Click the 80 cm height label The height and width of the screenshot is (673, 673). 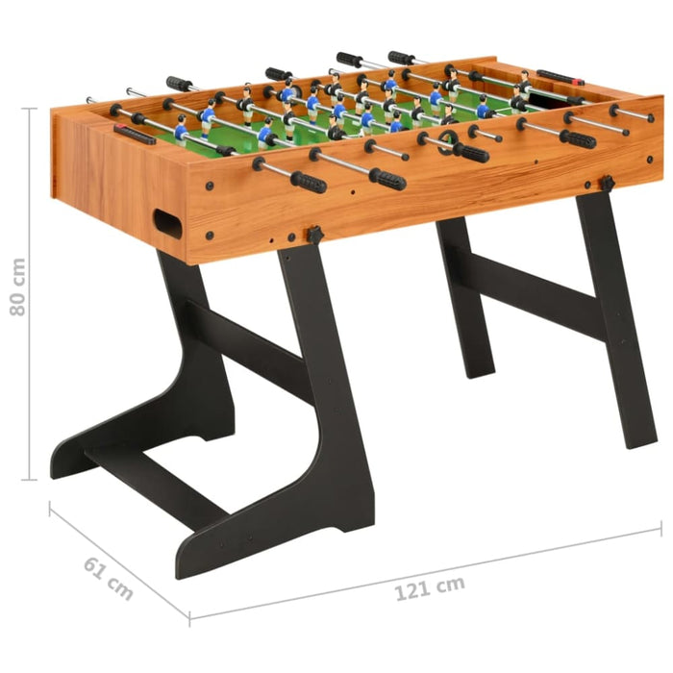coord(16,287)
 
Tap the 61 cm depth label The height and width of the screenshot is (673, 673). coord(108,578)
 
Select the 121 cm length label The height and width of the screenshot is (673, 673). coord(429,586)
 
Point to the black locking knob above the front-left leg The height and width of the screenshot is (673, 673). coord(314,235)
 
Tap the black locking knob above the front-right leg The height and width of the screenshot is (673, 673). coord(607,183)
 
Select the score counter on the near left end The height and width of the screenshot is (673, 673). coord(135,134)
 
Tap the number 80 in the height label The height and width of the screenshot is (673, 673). coord(16,274)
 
